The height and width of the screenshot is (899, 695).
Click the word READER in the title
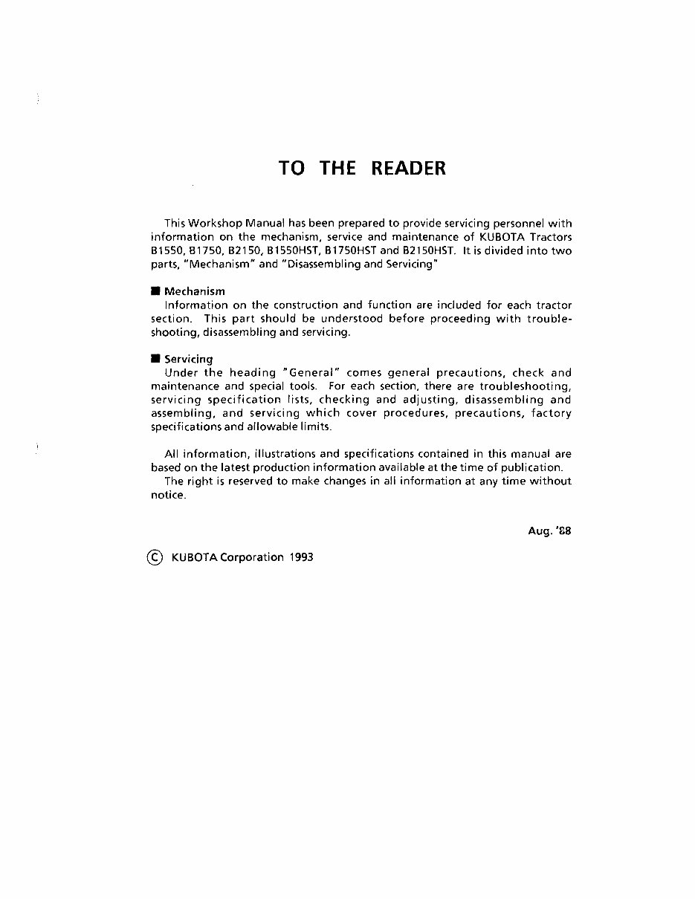pos(408,168)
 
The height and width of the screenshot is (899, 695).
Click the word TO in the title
pos(291,168)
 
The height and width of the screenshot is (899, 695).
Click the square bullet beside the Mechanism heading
pos(155,291)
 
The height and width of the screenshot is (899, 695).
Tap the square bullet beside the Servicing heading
pos(155,359)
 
